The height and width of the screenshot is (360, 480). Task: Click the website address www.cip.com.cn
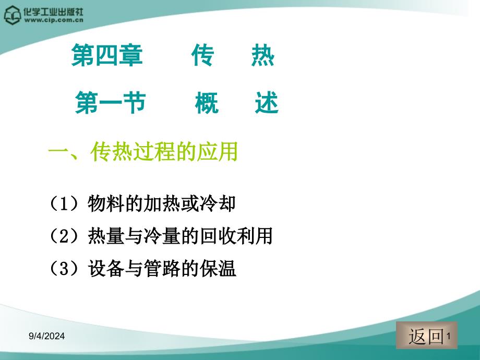(x=54, y=21)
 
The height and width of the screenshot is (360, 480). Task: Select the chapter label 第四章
(x=107, y=56)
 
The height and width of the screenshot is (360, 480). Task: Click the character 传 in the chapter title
(x=202, y=56)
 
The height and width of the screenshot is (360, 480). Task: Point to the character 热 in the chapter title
(x=262, y=56)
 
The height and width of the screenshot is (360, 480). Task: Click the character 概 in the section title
(x=207, y=103)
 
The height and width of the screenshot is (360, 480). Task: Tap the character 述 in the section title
(x=267, y=103)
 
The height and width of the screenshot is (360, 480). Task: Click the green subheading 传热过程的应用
(x=164, y=152)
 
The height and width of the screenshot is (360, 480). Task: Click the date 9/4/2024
(x=46, y=337)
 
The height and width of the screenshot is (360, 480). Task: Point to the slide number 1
(x=449, y=337)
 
